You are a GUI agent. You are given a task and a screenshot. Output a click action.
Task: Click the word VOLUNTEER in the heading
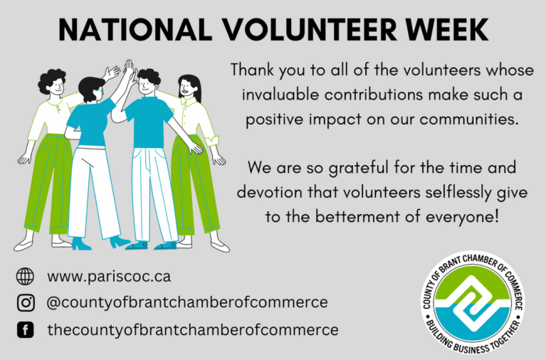pyautogui.click(x=310, y=30)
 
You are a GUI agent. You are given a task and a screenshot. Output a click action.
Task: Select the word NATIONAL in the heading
pyautogui.click(x=135, y=30)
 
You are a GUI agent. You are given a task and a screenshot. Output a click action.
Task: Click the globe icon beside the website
pyautogui.click(x=25, y=277)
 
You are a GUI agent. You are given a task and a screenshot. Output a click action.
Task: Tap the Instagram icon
pyautogui.click(x=26, y=302)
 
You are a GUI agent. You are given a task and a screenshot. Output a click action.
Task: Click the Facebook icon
pyautogui.click(x=26, y=329)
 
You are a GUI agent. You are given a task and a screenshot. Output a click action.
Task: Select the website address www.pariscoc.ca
pyautogui.click(x=109, y=277)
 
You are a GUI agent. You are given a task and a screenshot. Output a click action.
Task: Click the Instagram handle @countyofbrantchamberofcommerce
pyautogui.click(x=187, y=302)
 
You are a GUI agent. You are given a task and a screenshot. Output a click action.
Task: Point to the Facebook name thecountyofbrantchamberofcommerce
pyautogui.click(x=193, y=329)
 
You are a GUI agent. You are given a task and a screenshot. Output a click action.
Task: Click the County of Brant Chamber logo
pyautogui.click(x=473, y=302)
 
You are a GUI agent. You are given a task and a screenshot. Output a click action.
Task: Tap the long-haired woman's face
pyautogui.click(x=186, y=88)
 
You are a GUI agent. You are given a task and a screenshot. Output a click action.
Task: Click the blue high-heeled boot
pyautogui.click(x=81, y=243)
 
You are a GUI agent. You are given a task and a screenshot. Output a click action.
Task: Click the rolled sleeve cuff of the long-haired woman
pyautogui.click(x=212, y=141)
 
